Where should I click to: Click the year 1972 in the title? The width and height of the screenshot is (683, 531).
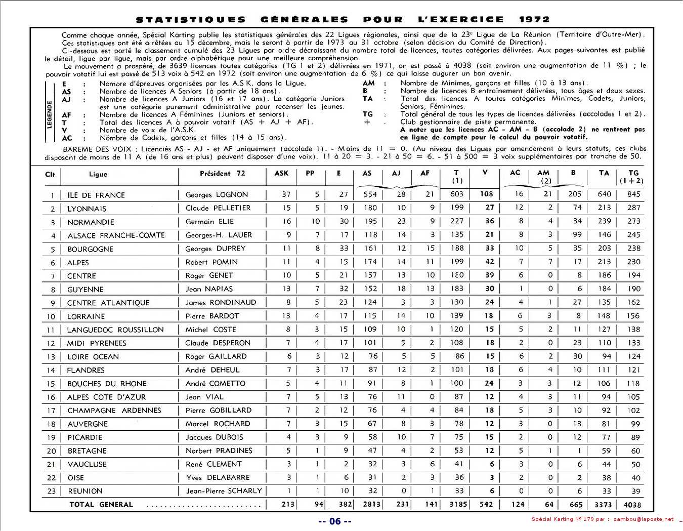tap(534, 19)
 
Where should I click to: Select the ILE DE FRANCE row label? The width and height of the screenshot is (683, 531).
tap(96, 195)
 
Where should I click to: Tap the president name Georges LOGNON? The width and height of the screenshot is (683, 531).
tap(217, 194)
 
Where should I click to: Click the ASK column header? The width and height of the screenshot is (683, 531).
tap(281, 173)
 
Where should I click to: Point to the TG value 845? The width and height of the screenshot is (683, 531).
tap(633, 194)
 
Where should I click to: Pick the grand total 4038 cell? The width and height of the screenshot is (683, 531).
tap(632, 505)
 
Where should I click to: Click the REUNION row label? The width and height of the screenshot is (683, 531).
tap(85, 491)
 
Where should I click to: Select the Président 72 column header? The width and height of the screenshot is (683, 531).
tap(222, 173)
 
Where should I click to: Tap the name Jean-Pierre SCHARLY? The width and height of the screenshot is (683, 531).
tap(224, 491)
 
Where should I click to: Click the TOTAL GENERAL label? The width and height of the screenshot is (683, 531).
tap(101, 505)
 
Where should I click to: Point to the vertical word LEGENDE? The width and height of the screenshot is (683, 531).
tap(50, 114)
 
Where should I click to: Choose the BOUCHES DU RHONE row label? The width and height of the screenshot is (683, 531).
tap(107, 384)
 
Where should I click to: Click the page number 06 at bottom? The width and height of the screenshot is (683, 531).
tap(335, 521)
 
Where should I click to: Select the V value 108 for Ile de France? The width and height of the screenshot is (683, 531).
tap(486, 194)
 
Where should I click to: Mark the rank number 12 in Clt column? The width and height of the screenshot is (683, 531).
tap(51, 343)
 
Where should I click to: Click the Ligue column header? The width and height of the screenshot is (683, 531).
tap(98, 174)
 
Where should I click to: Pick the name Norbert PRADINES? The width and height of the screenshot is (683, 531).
tap(219, 451)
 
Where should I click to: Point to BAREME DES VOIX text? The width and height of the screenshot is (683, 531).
tap(97, 149)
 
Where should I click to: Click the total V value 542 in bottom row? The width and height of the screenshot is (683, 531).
tap(486, 504)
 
